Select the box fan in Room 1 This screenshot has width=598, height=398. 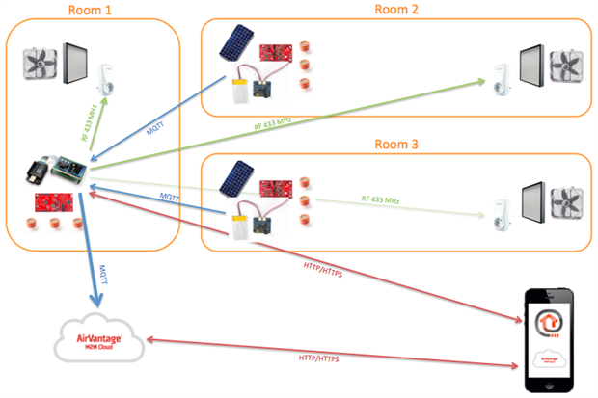point(41,65)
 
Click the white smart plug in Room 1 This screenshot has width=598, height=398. point(108,75)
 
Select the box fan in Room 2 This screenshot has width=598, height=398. point(566,66)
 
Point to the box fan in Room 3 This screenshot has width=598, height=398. point(566,204)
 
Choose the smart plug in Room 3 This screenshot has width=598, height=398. point(501,214)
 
